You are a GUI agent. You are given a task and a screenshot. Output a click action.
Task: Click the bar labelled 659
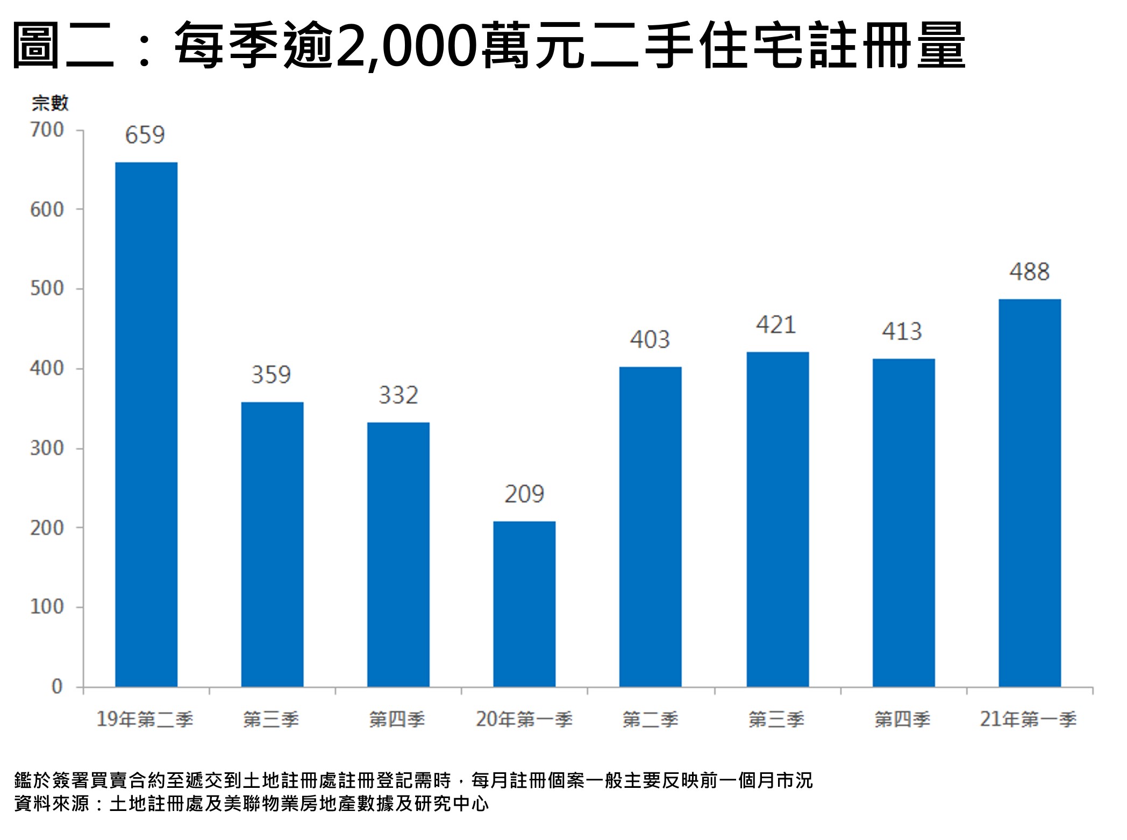click(x=146, y=424)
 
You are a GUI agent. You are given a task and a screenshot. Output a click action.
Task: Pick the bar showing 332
click(x=398, y=554)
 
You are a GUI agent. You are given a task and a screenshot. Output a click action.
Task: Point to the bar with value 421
click(x=777, y=519)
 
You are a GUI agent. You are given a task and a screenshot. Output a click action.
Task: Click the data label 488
click(x=1029, y=272)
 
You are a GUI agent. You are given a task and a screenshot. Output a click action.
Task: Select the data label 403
click(x=650, y=340)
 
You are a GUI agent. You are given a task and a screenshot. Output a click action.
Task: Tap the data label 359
click(x=271, y=375)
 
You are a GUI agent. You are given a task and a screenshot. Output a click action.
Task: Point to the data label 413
click(x=902, y=332)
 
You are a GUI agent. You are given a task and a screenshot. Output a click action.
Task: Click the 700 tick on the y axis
click(x=47, y=130)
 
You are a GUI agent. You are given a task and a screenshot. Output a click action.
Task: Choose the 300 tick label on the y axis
click(x=47, y=448)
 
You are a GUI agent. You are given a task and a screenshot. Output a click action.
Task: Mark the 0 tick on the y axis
click(x=56, y=686)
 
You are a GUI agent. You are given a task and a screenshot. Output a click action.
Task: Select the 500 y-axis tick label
click(x=47, y=289)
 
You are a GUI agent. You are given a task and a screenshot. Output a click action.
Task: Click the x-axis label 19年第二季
click(x=145, y=719)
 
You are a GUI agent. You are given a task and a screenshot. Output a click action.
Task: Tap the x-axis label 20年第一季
click(x=524, y=719)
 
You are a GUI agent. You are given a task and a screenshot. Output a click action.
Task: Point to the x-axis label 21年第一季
click(x=1028, y=719)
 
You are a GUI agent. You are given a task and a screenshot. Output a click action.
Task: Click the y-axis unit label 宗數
click(x=50, y=103)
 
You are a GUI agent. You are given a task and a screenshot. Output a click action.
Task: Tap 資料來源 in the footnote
click(x=52, y=804)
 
